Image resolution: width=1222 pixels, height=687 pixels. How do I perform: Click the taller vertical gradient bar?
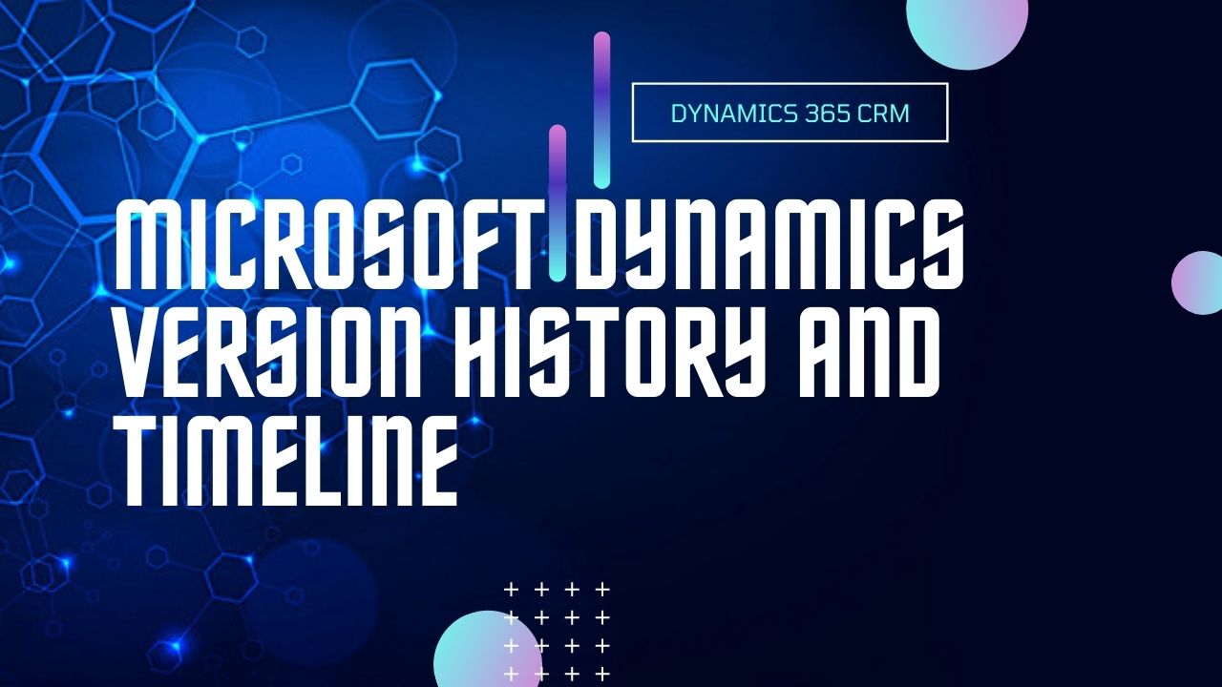click(601, 110)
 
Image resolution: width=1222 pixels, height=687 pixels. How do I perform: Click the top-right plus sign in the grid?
click(602, 589)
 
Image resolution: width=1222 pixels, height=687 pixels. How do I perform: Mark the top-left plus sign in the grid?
click(511, 589)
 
